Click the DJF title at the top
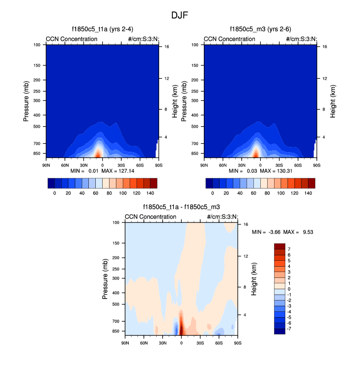point(179,15)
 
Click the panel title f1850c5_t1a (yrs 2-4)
point(102,29)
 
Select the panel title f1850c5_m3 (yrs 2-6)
point(260,29)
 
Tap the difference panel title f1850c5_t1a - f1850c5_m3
point(181,207)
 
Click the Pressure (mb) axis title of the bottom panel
point(105,279)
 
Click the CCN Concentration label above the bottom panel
point(150,217)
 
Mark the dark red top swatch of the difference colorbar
point(279,246)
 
